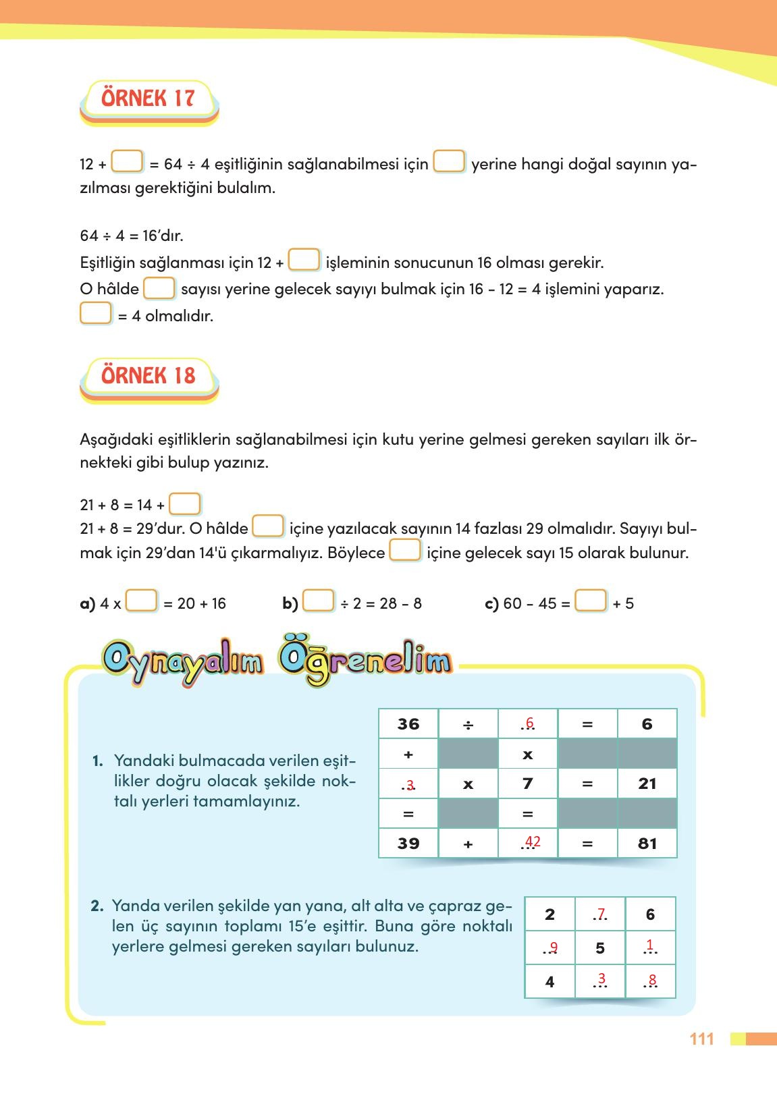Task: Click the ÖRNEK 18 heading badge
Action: [148, 376]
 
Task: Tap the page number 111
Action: [701, 1039]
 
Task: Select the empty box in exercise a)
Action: [142, 601]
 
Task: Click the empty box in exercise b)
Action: [318, 601]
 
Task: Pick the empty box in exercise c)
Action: [591, 601]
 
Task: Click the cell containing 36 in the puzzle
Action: [408, 724]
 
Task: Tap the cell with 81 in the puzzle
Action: [647, 843]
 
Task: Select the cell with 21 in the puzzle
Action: [647, 784]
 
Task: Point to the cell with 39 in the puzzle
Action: [408, 843]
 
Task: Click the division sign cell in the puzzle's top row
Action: [468, 724]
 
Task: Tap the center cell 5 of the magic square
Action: [600, 948]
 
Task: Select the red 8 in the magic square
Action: [651, 980]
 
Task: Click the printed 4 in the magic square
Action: [550, 982]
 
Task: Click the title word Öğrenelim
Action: [365, 661]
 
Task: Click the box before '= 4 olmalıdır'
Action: [96, 314]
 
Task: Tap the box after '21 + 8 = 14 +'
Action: [184, 504]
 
